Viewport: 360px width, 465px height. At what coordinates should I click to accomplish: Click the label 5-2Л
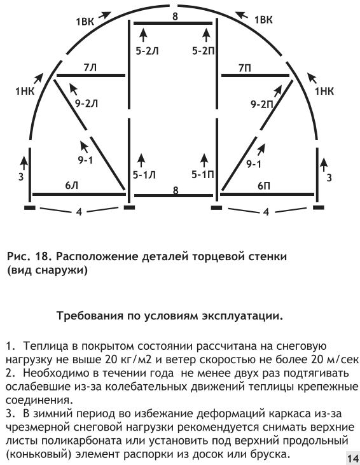point(148,51)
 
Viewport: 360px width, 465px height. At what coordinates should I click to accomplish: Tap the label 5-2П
point(204,51)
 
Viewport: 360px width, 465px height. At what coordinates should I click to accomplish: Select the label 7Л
point(90,68)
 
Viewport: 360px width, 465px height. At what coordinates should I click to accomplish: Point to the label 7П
point(245,68)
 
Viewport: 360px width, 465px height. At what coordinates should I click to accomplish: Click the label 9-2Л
point(87,104)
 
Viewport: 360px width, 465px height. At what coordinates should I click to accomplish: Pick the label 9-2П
point(262,104)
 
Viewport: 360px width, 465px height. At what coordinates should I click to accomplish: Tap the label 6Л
point(71,186)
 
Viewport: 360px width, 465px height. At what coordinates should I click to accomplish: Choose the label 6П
point(264,186)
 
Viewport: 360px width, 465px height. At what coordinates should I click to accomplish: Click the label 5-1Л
point(144,175)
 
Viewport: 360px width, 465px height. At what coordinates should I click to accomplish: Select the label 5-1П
point(203,174)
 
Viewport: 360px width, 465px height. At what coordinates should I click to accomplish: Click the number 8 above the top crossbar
point(176,16)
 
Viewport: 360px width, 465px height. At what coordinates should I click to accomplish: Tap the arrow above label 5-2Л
point(143,36)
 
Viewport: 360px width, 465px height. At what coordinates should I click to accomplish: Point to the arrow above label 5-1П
point(204,161)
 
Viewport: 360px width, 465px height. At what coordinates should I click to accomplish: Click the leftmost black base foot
point(30,208)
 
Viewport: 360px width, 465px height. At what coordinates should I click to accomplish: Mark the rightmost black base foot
point(319,207)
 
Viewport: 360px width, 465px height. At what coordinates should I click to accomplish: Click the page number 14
point(353,459)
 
